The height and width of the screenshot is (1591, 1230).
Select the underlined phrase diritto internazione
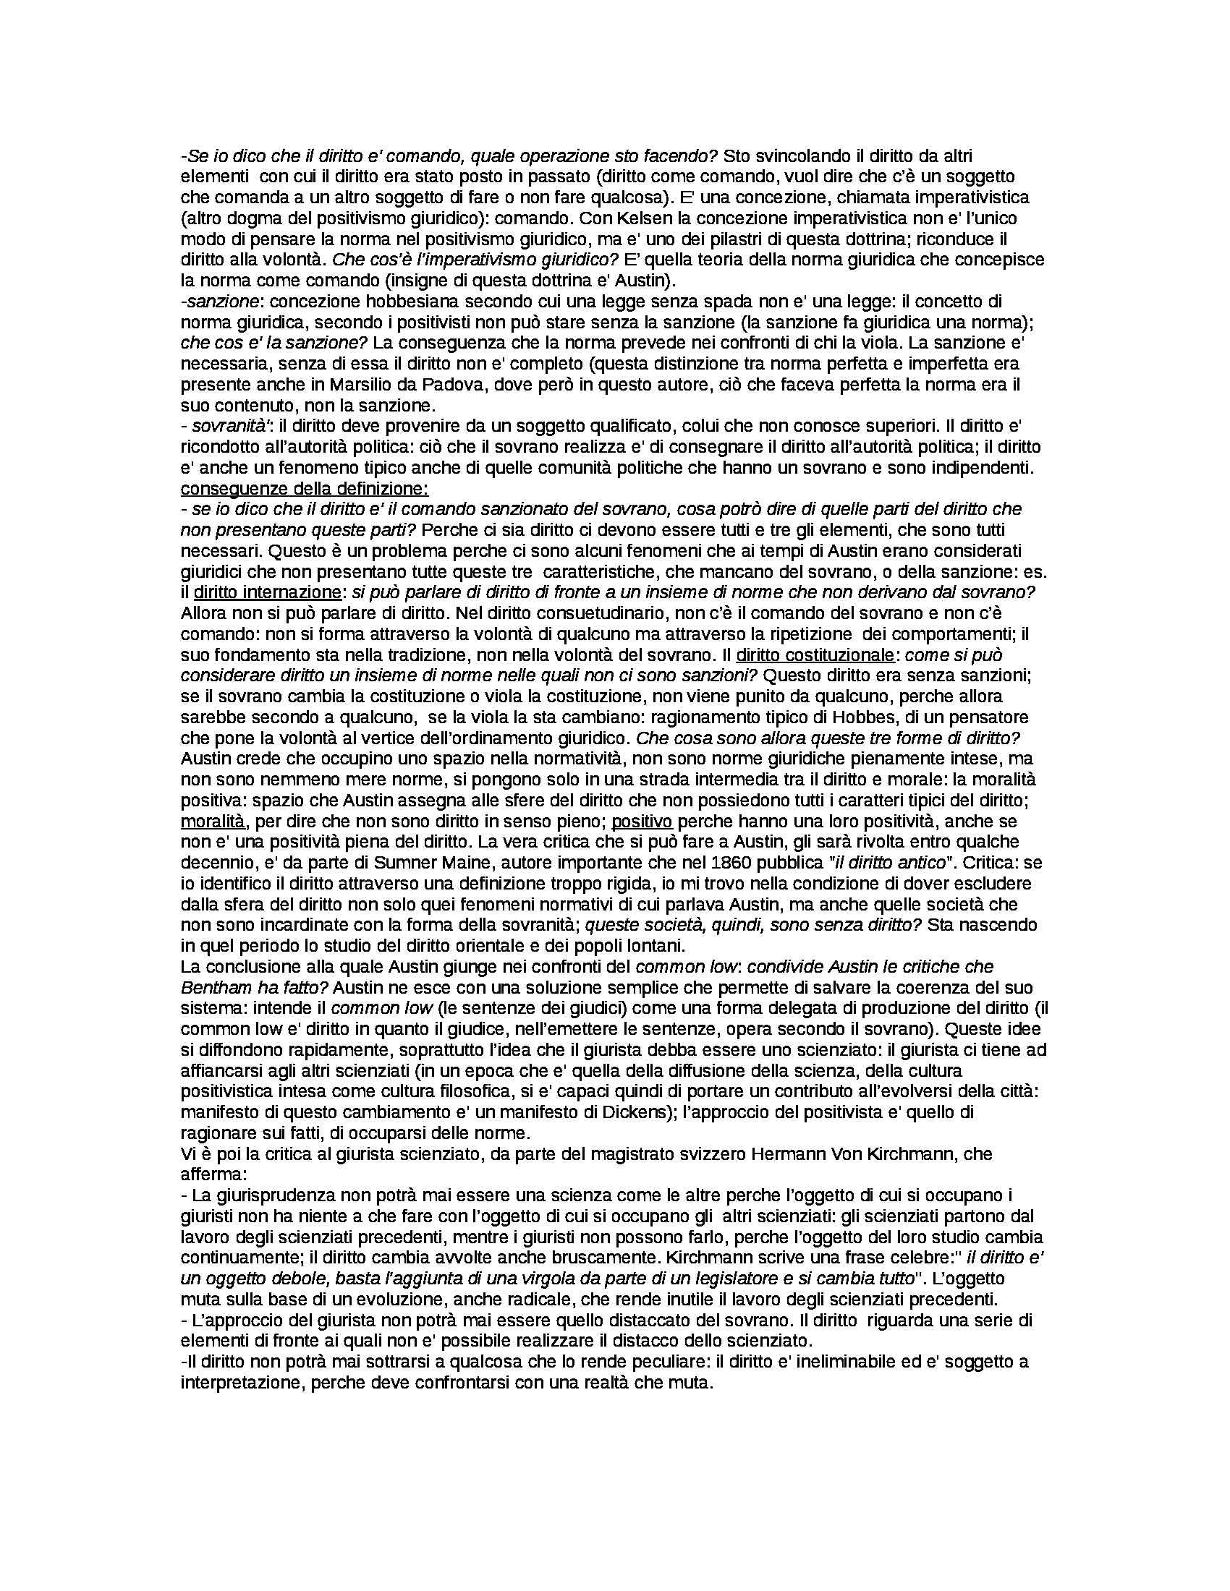[x=268, y=592]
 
